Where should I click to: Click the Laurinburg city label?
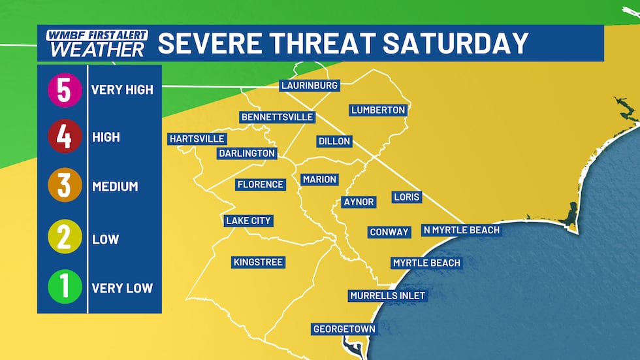click(309, 86)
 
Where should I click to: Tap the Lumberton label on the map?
click(378, 110)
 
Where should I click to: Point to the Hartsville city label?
click(197, 139)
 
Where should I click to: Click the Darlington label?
click(246, 154)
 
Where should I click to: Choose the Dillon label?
click(334, 141)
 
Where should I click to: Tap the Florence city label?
click(260, 185)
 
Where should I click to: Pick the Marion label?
click(319, 180)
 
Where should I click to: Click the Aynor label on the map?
click(359, 202)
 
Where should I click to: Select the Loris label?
click(407, 197)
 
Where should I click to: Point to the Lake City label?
click(248, 221)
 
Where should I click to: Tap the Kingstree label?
click(258, 262)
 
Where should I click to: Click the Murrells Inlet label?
click(387, 296)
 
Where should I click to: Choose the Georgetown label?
click(344, 329)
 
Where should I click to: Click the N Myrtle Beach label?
click(461, 230)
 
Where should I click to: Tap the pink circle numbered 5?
click(64, 90)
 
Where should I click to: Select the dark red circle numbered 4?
click(64, 138)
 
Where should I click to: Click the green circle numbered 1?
click(64, 288)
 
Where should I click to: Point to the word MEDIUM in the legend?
click(115, 186)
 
